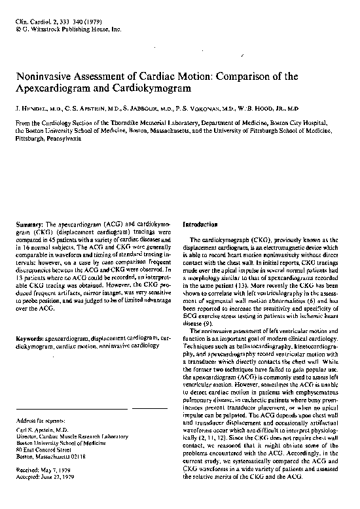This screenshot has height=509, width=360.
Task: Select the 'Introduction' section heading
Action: click(x=200, y=223)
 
